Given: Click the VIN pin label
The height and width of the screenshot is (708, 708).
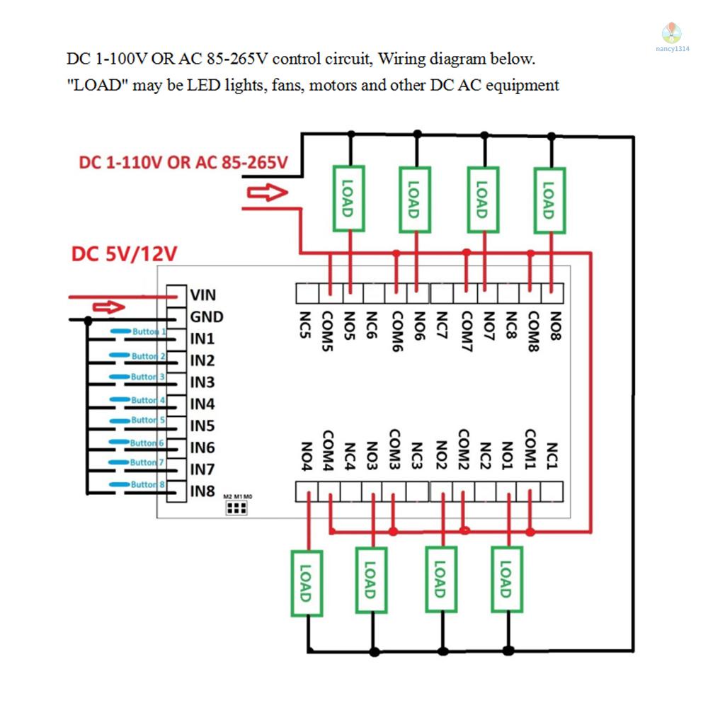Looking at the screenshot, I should click(202, 295).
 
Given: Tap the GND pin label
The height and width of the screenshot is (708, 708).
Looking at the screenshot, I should click(206, 317).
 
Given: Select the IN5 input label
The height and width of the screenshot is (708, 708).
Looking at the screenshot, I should click(202, 426).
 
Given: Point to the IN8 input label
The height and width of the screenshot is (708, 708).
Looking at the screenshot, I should click(202, 491).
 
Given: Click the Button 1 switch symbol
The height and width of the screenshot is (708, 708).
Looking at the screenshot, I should click(138, 332).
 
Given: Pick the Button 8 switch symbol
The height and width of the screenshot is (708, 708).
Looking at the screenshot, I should click(138, 485).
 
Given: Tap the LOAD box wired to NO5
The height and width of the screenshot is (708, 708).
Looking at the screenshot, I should click(349, 199).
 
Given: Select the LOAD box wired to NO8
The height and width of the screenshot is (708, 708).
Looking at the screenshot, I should click(549, 199).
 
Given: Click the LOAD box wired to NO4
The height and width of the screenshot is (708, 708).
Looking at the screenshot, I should click(307, 582).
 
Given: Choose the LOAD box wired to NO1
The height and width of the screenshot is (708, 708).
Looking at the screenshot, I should click(506, 581).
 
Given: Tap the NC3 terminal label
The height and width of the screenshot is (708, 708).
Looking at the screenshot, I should click(417, 457).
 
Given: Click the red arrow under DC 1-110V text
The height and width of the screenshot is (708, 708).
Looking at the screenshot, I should click(268, 193).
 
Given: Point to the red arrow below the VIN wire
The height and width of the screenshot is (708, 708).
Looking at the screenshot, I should click(110, 307).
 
